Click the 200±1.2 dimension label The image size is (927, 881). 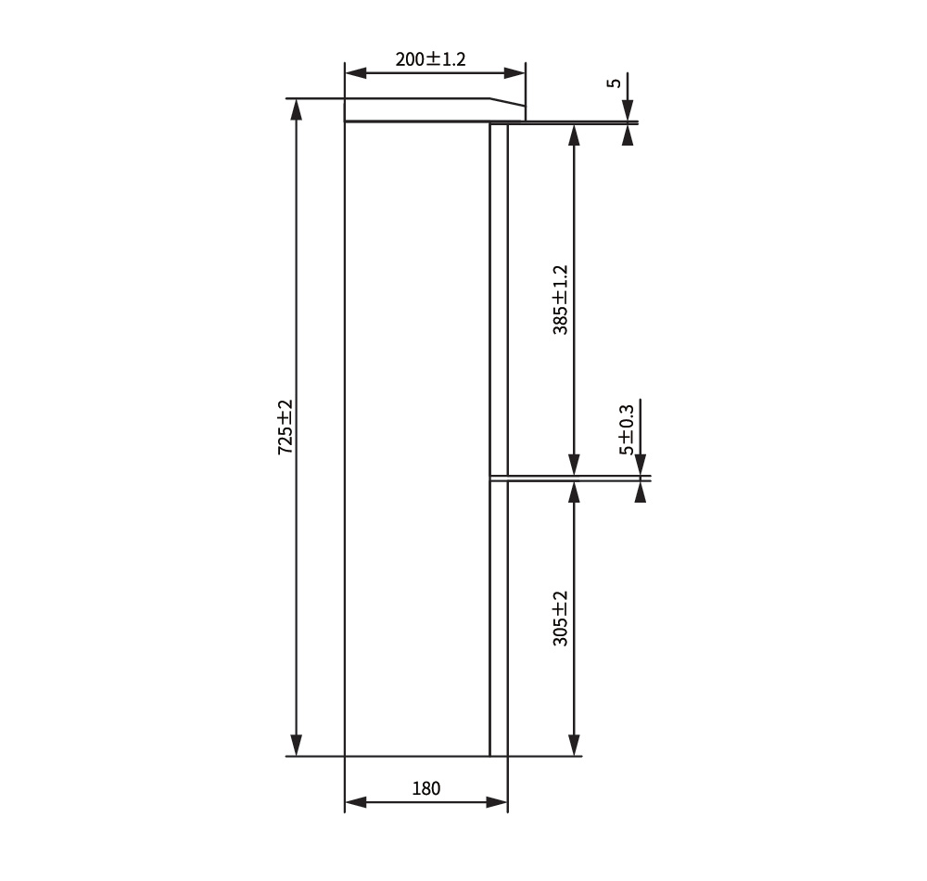click(x=430, y=59)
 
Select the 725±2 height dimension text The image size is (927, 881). click(x=286, y=427)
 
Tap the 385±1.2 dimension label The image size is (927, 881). click(x=560, y=300)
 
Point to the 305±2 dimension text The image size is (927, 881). click(x=560, y=618)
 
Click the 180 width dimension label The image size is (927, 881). click(x=425, y=788)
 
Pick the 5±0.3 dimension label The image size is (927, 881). click(x=626, y=430)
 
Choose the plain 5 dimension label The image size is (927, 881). click(x=615, y=83)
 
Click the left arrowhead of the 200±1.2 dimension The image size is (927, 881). click(x=356, y=73)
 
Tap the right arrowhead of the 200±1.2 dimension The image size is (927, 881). click(x=514, y=73)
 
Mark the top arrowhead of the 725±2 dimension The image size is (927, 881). click(x=297, y=110)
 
